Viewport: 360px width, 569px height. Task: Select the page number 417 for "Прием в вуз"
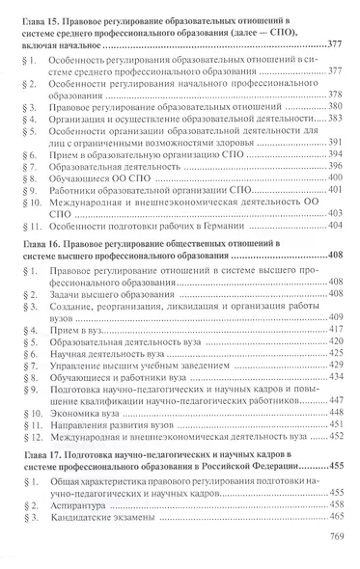tap(335, 329)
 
